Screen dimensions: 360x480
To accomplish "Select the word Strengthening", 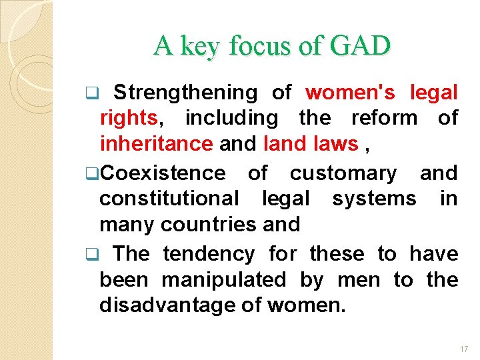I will pyautogui.click(x=185, y=92).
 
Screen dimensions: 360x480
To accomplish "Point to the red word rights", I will pyautogui.click(x=129, y=118).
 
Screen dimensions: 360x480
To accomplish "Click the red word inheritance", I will pyautogui.click(x=155, y=144).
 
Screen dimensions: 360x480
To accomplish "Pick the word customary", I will pyautogui.click(x=343, y=173).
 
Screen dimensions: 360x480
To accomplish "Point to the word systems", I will pyautogui.click(x=374, y=199).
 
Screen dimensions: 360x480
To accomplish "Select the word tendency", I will pyautogui.click(x=208, y=253).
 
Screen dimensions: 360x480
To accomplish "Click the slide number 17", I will pyautogui.click(x=464, y=348).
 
